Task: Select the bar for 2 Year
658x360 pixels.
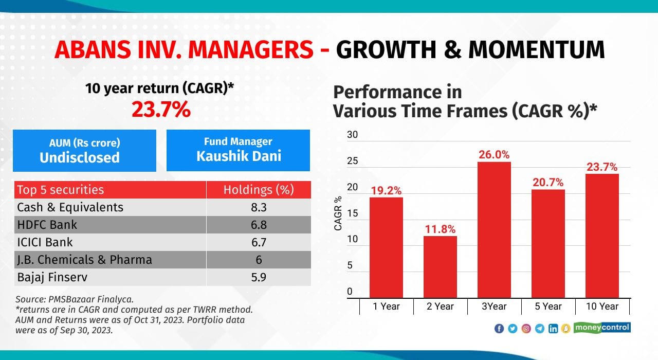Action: (x=440, y=267)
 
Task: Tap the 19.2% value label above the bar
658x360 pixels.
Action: (x=386, y=191)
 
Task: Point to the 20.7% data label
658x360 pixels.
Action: (x=548, y=183)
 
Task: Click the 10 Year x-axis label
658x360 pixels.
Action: (x=602, y=307)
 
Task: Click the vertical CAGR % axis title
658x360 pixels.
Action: (x=338, y=213)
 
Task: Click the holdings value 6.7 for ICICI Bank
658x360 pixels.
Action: (x=259, y=242)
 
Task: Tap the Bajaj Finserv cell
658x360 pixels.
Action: (x=52, y=277)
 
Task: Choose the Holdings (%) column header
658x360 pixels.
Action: (x=259, y=190)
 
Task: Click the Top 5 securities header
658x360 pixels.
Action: (x=60, y=190)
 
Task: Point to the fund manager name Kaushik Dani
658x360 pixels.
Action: (x=239, y=156)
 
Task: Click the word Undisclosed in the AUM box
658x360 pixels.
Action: (x=80, y=157)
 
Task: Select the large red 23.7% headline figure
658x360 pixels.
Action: (x=161, y=110)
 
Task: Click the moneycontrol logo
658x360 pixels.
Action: (x=602, y=328)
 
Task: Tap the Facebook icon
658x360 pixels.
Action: (x=499, y=329)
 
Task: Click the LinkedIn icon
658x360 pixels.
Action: (x=553, y=329)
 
